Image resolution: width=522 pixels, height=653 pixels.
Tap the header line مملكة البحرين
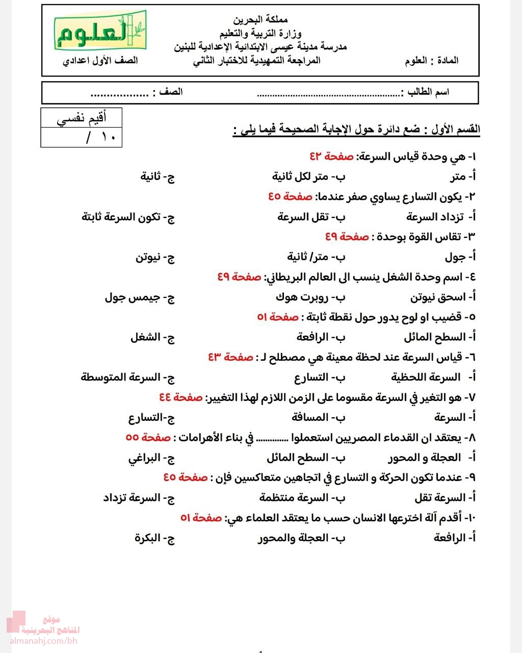[260, 20]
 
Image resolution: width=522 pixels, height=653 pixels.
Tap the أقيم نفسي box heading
[82, 119]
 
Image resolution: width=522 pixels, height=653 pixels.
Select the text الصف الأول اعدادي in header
[100, 61]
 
